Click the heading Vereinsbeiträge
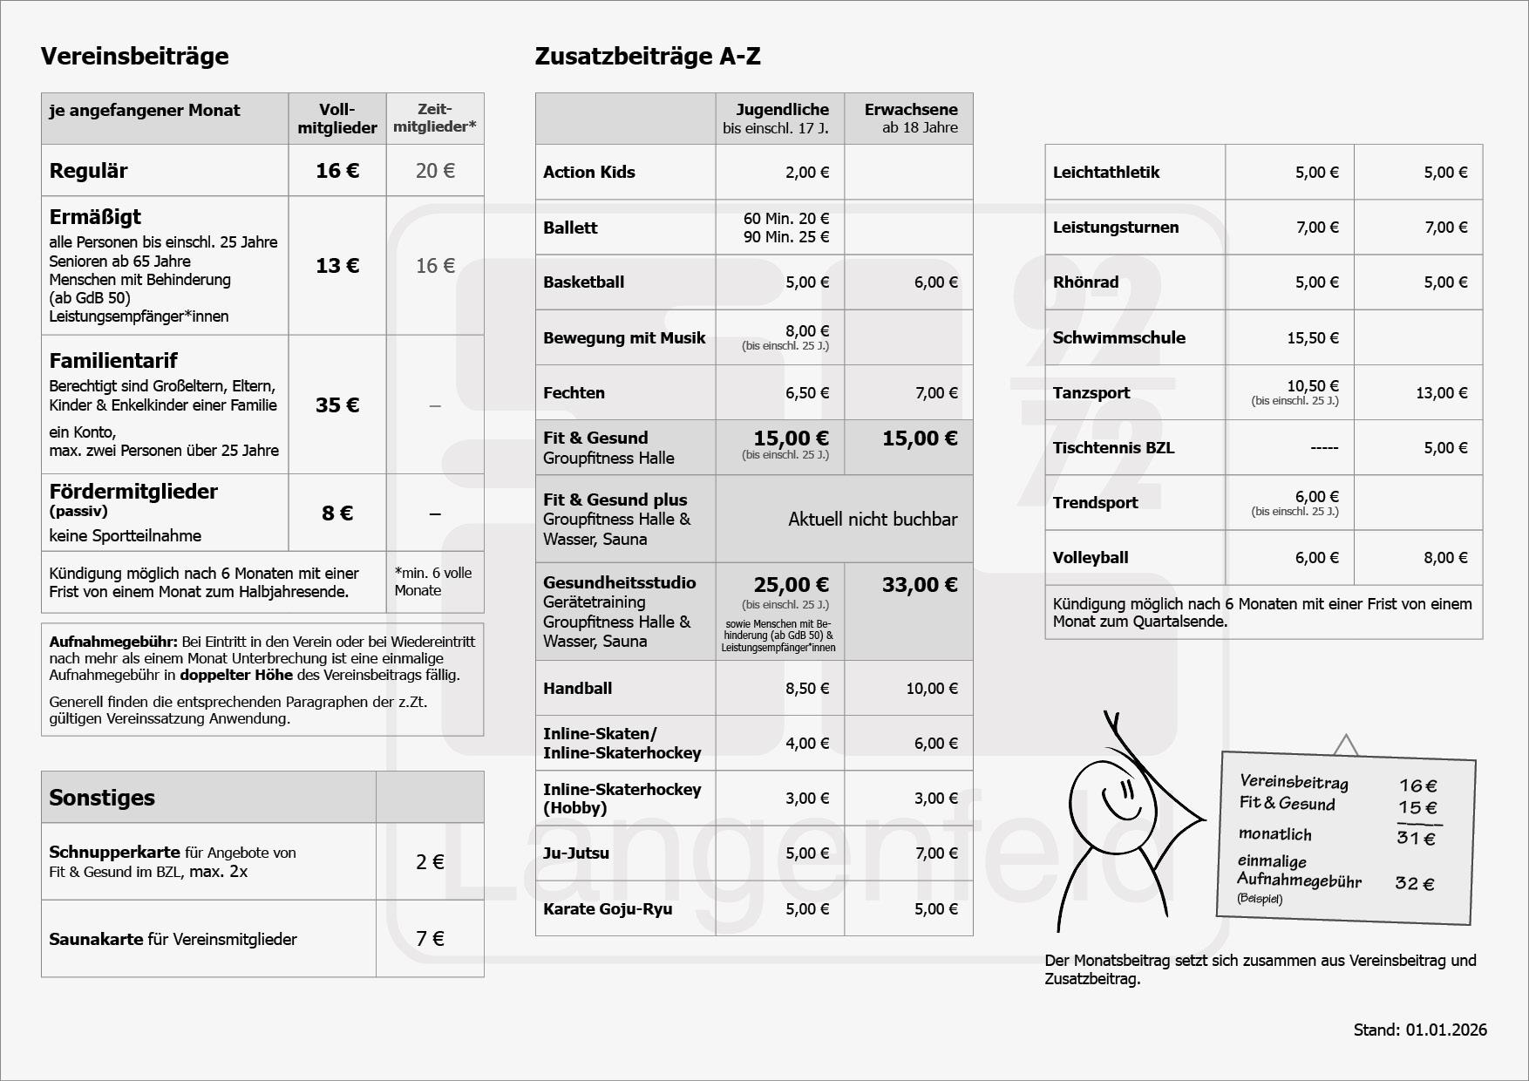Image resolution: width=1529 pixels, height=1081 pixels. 134,57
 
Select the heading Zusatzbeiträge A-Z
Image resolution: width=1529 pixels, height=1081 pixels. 647,57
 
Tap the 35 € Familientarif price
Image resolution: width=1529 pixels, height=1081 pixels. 337,405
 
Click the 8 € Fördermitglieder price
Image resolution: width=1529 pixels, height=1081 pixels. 337,513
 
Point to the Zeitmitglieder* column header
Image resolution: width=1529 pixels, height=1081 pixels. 434,118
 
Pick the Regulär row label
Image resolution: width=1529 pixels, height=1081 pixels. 88,171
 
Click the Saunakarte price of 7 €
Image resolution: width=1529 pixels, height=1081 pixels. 430,939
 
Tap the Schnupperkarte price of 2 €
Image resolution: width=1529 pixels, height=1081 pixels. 430,862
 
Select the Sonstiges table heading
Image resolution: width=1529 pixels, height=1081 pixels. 102,798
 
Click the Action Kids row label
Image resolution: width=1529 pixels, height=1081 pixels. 588,173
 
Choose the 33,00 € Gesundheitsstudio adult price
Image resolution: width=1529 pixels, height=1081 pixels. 919,585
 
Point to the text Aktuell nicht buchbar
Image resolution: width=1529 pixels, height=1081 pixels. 873,520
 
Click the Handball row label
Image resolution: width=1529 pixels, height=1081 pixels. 577,689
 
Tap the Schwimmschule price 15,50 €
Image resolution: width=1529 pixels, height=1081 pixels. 1312,338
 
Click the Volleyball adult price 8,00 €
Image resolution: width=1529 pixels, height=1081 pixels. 1445,558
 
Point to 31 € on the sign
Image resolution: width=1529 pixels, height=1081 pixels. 1416,839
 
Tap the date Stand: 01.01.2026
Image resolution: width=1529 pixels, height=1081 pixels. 1420,1030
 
